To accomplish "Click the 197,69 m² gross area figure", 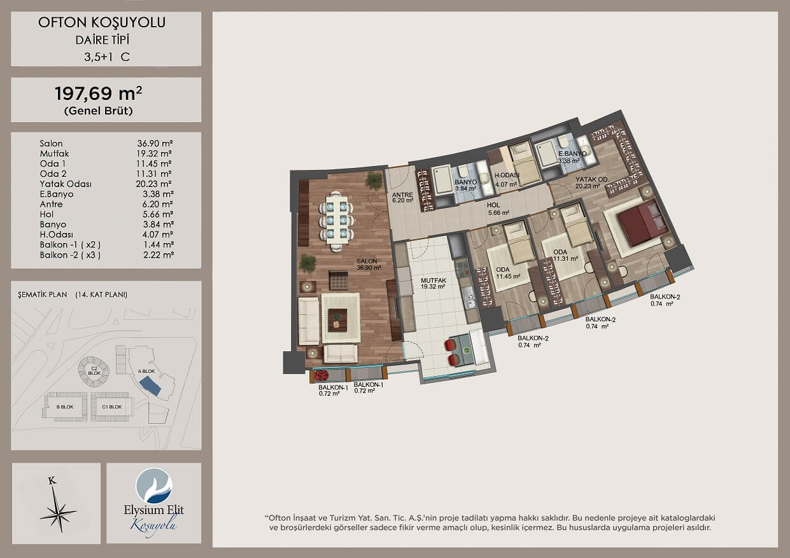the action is point(99,94).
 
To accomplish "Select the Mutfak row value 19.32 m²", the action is point(154,154).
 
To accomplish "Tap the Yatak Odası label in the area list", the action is point(66,184).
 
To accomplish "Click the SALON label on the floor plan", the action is point(367,262).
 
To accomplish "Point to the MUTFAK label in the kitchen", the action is point(434,281).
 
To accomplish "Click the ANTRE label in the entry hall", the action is point(402,195).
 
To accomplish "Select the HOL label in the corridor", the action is point(493,205).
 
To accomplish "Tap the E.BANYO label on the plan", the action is point(572,154).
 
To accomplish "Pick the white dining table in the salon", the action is point(337,220).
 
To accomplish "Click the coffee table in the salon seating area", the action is point(337,320).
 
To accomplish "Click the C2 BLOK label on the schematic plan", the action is point(94,370).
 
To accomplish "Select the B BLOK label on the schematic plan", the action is point(65,407).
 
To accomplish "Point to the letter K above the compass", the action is point(52,480).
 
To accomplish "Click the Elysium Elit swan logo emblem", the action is point(154,485).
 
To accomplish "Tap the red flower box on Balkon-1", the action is point(321,376).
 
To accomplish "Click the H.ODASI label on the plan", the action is point(507,176).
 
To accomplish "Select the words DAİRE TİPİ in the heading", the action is point(102,40).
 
